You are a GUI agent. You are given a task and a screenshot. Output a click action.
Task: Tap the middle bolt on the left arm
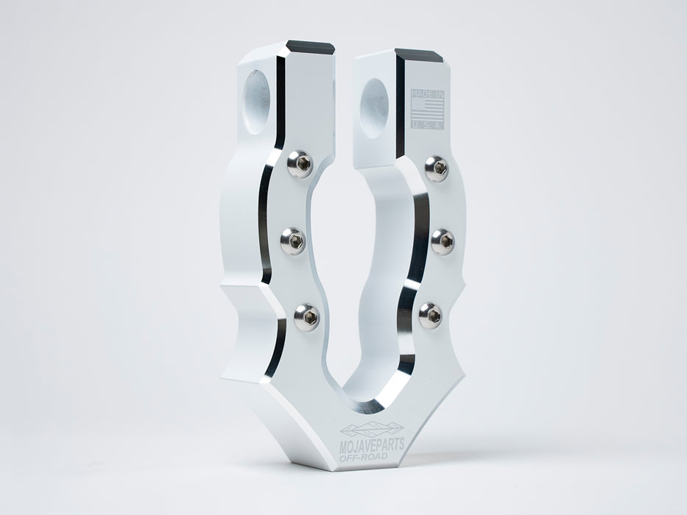pos(292,241)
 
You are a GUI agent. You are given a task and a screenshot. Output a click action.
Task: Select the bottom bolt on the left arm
pos(306,317)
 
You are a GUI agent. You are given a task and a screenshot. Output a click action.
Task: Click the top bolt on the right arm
pos(436,168)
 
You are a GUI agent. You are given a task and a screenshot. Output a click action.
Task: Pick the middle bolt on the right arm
pos(442,241)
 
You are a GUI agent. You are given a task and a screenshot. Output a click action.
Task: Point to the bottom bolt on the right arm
pos(431,316)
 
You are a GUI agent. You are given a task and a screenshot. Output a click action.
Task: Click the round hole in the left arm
pos(257,102)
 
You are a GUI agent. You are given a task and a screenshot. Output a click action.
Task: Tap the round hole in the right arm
pos(376,108)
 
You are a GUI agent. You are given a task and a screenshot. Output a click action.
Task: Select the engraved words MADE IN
pos(427,94)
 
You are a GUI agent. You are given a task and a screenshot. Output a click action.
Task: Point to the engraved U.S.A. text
pos(427,126)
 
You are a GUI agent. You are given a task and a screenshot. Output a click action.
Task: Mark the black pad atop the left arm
pos(311,48)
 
